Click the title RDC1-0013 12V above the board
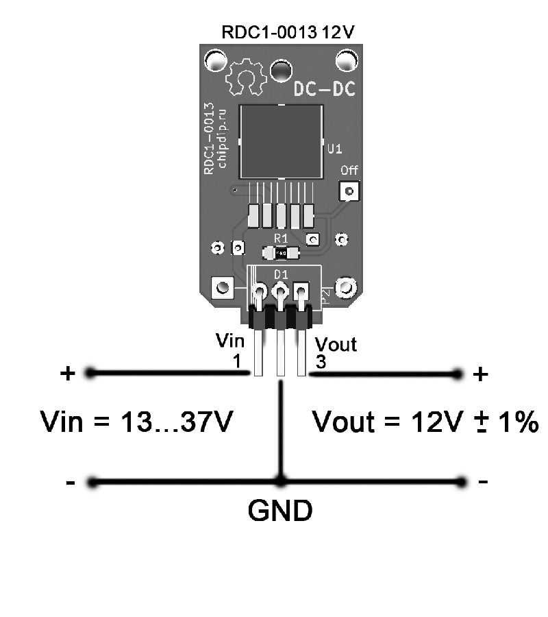click(x=288, y=32)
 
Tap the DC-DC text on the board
click(x=325, y=89)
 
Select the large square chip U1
click(x=281, y=142)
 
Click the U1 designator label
click(x=334, y=149)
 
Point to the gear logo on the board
click(x=246, y=77)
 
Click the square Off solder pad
click(x=349, y=191)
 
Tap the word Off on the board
click(x=349, y=171)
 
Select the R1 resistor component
click(x=281, y=252)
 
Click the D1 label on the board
click(x=281, y=274)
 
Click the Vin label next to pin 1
click(x=230, y=341)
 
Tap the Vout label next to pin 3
click(x=336, y=344)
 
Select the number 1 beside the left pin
click(x=236, y=361)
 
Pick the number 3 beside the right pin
click(x=321, y=361)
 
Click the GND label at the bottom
click(x=280, y=511)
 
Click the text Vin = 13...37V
click(x=137, y=422)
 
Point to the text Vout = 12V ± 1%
click(x=425, y=422)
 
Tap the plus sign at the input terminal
click(x=68, y=373)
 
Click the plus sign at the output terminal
click(x=480, y=374)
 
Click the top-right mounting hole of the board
click(x=347, y=60)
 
